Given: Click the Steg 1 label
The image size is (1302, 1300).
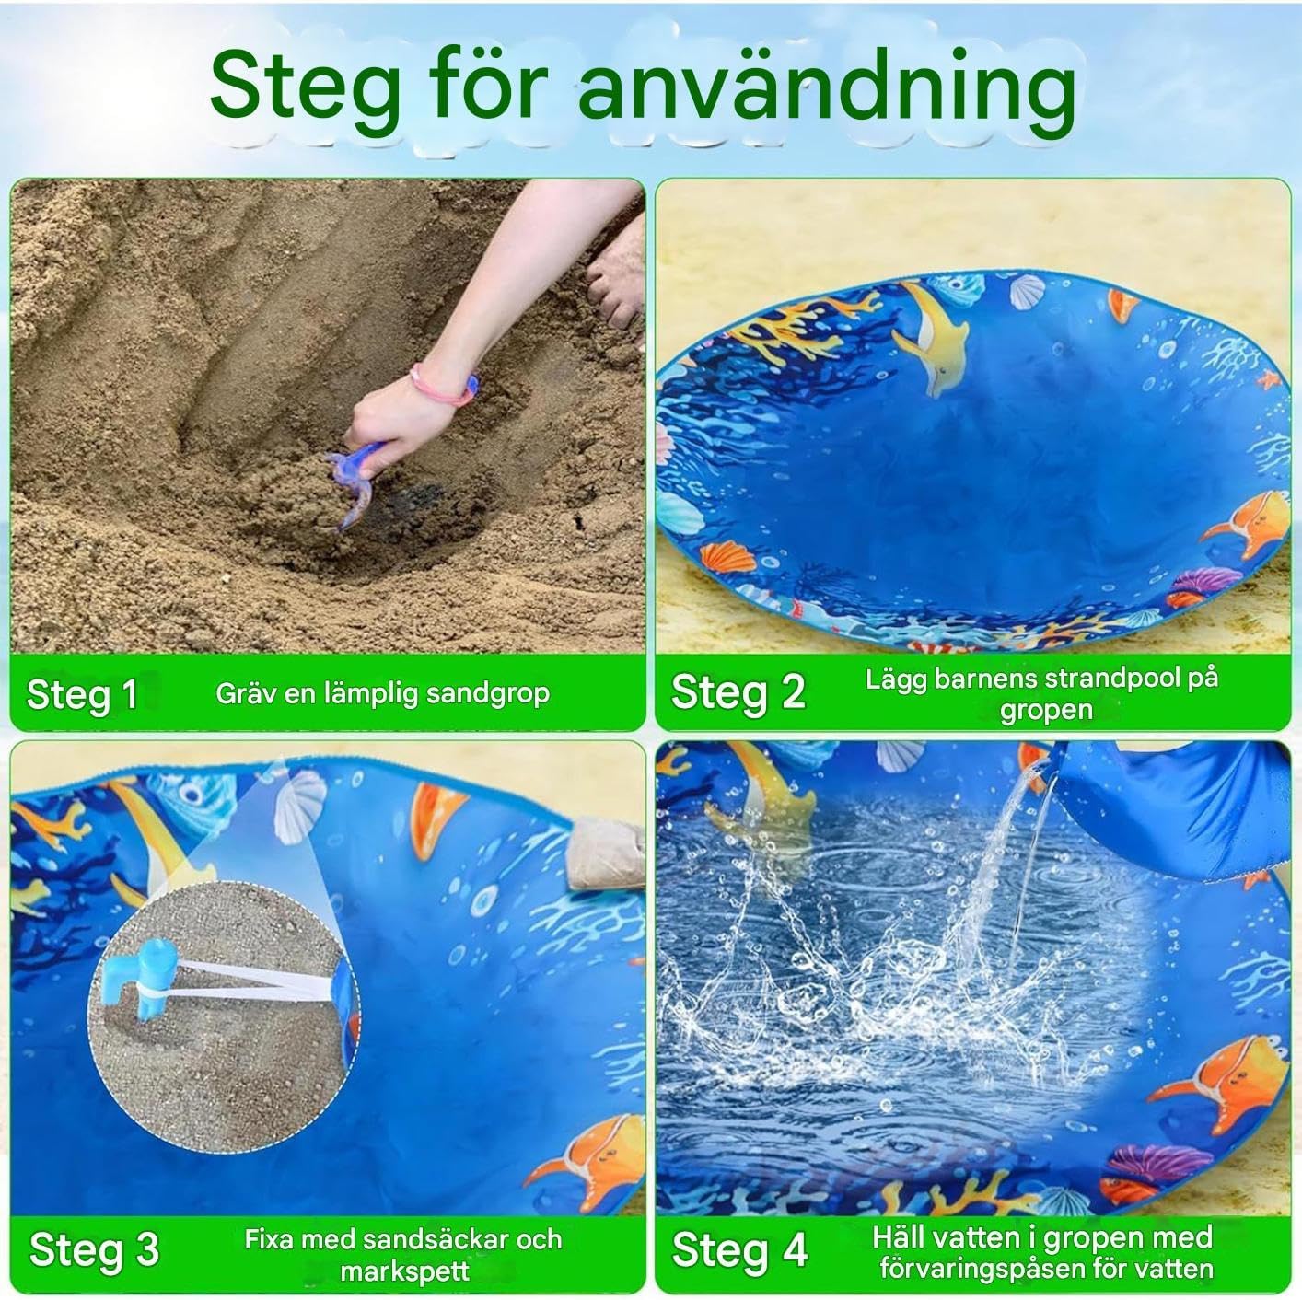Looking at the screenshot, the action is pyautogui.click(x=82, y=694).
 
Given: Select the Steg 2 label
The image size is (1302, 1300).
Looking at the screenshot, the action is pyautogui.click(x=738, y=693).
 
